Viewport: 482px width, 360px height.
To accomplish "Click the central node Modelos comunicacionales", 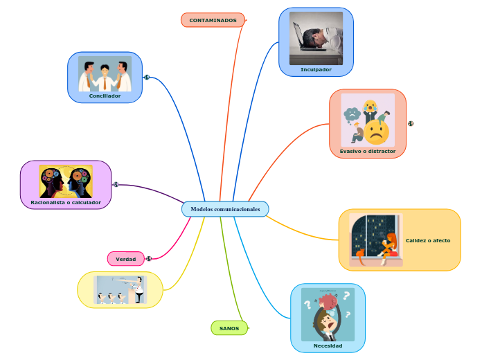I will [225, 209].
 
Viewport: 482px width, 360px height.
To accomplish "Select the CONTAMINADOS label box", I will [213, 20].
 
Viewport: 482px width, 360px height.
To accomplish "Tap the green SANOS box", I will [229, 327].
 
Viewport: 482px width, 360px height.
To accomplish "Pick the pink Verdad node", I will [125, 258].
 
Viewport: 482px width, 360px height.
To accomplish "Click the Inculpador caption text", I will [316, 69].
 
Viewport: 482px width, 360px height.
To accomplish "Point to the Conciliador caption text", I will [105, 96].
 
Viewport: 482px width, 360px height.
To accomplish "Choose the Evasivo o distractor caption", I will [367, 150].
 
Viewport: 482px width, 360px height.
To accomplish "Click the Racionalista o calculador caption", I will [66, 202].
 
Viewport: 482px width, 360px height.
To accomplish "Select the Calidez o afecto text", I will [428, 240].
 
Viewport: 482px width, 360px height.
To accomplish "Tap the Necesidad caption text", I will [328, 345].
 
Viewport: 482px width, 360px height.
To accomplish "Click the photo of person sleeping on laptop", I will [316, 38].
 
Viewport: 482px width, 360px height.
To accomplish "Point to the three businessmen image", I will [105, 74].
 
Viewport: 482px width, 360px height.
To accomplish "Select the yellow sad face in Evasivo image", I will [377, 132].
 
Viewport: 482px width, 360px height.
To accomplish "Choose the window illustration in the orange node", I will [376, 240].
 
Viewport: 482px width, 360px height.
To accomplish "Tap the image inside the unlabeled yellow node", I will [120, 289].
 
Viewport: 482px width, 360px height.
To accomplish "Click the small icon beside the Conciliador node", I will [147, 77].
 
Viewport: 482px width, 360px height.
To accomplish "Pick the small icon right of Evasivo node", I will [411, 123].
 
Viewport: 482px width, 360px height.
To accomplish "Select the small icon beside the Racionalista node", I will [116, 184].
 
